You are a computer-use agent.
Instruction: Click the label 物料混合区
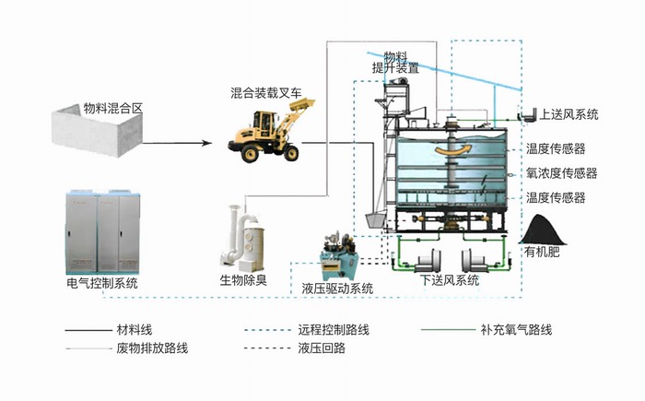click(x=113, y=108)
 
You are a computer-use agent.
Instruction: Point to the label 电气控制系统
click(x=102, y=283)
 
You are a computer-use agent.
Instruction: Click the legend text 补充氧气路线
click(x=516, y=329)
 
